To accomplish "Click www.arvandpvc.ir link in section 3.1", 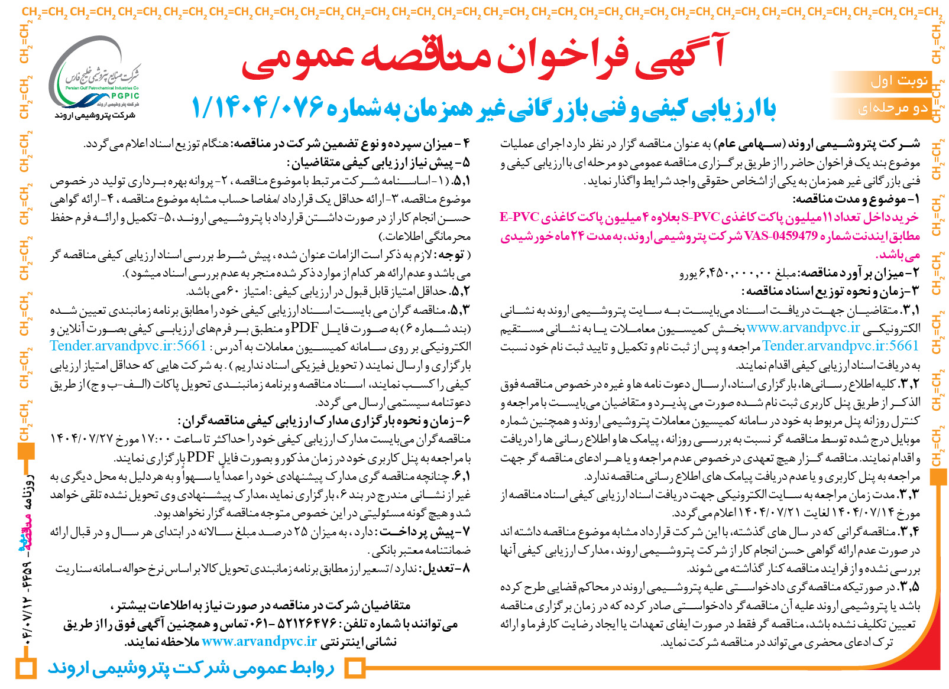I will pyautogui.click(x=803, y=328).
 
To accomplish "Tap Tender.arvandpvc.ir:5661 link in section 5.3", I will pyautogui.click(x=128, y=346).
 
